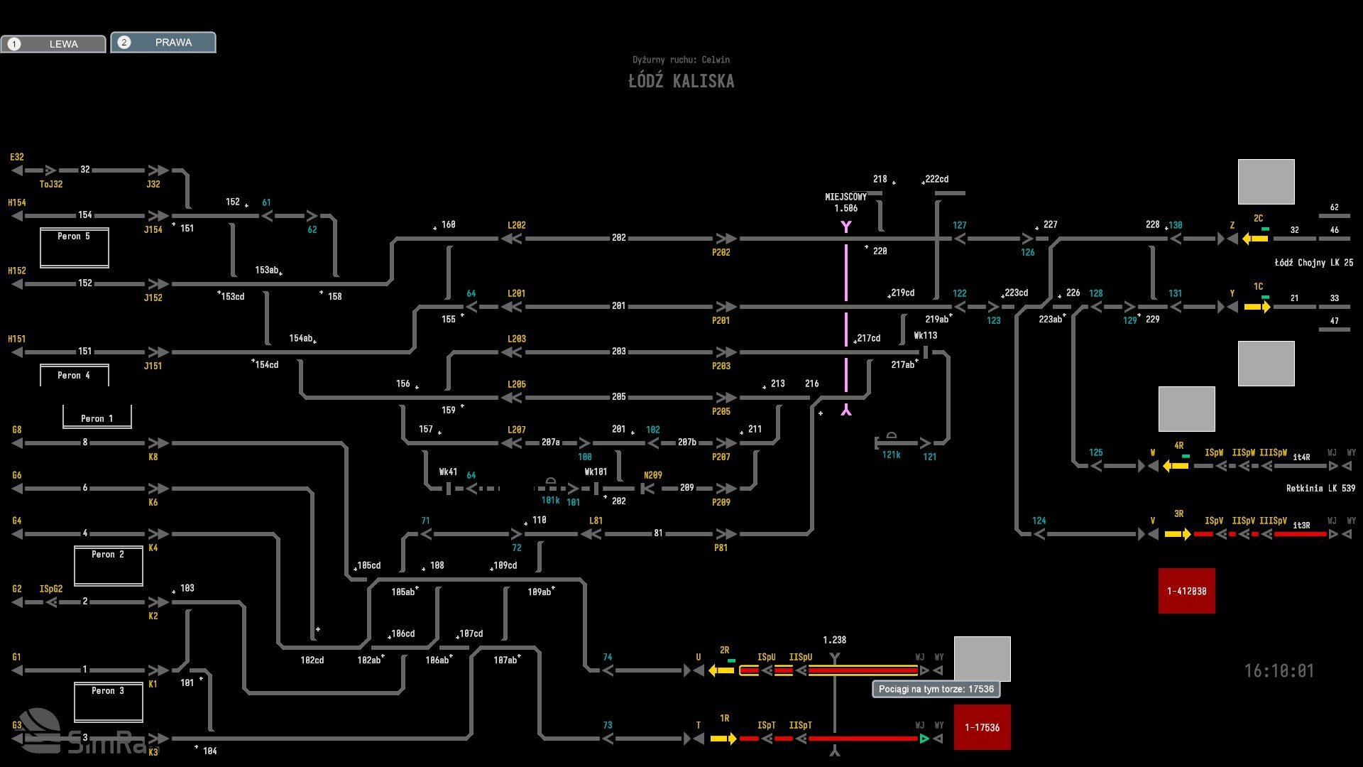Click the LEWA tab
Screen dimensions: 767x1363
point(53,44)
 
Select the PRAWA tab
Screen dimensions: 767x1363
point(163,43)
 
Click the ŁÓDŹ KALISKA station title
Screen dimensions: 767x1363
point(681,81)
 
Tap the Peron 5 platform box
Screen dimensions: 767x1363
point(74,247)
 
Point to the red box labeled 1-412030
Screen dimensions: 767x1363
point(1186,591)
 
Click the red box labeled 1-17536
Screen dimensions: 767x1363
point(982,727)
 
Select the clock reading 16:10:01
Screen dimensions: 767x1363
point(1279,671)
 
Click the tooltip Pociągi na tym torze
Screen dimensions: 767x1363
point(936,689)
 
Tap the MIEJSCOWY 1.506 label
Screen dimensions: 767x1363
point(845,202)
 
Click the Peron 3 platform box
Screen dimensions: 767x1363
point(108,702)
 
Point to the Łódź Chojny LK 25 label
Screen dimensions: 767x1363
point(1313,263)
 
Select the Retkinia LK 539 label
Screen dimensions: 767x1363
point(1320,489)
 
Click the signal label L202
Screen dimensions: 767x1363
point(516,225)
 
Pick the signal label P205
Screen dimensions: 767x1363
point(721,411)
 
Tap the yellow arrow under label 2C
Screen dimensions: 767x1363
point(1255,239)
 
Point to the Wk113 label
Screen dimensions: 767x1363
point(925,336)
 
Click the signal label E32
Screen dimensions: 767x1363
point(17,157)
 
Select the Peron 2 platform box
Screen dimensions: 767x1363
point(108,565)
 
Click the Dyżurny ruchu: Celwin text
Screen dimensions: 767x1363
point(681,60)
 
